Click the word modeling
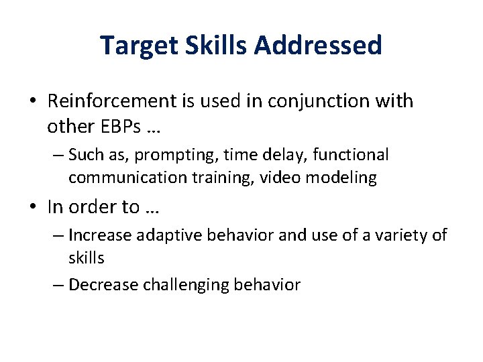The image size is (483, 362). point(346,178)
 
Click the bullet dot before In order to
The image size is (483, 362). point(33,207)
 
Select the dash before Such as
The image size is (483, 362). point(58,156)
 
